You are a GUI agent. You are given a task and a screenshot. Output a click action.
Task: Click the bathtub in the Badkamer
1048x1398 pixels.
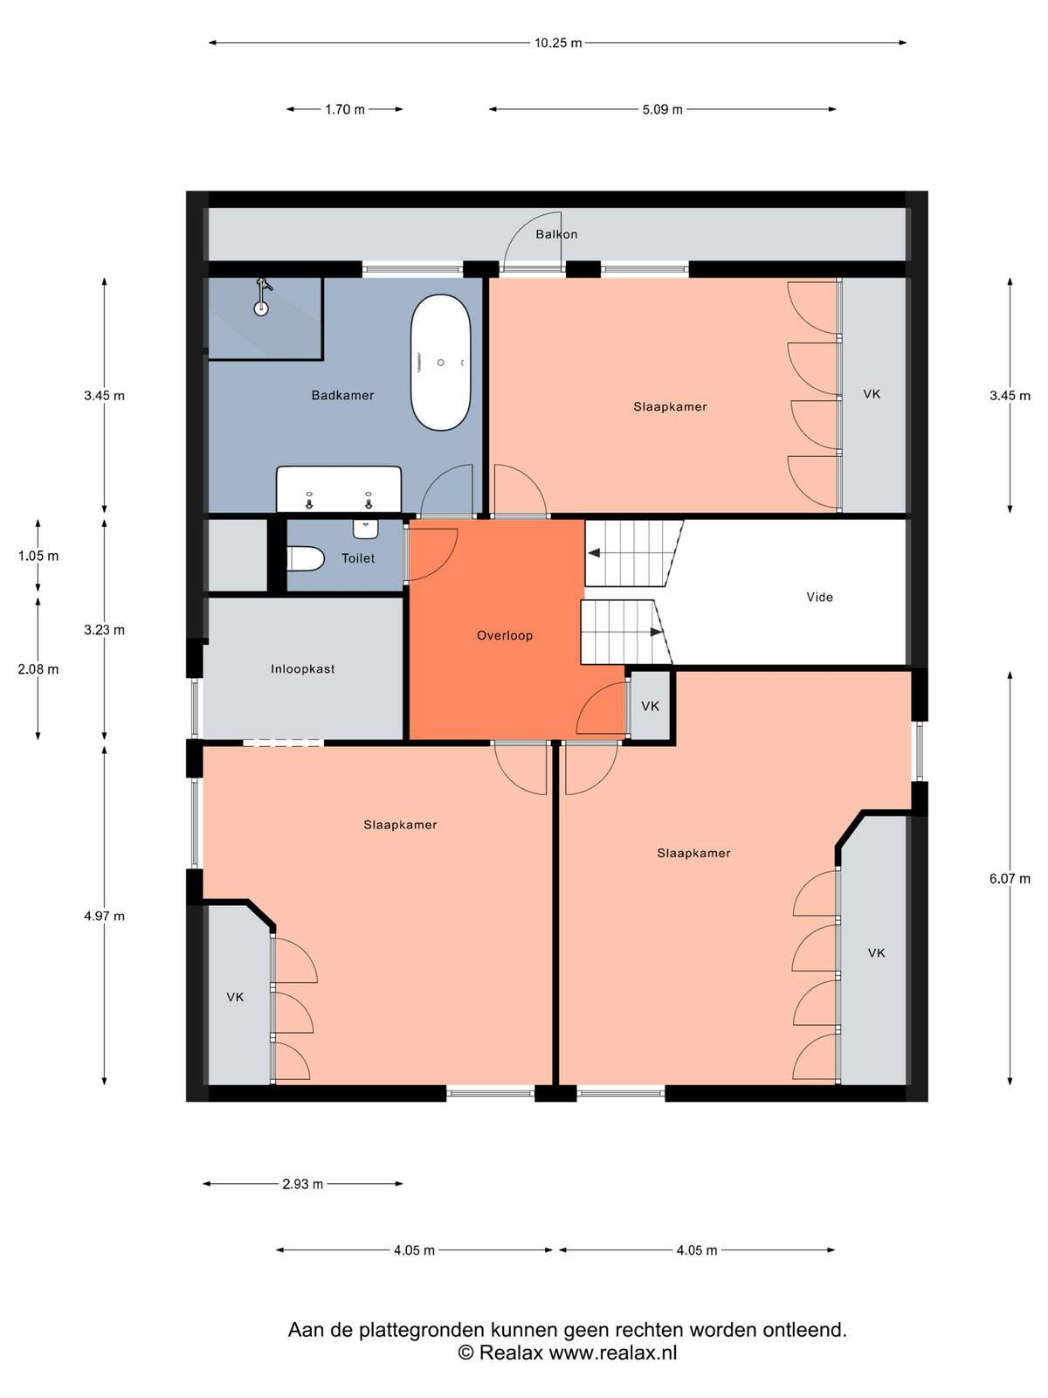(440, 363)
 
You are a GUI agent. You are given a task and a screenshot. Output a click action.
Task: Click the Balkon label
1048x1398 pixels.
(556, 234)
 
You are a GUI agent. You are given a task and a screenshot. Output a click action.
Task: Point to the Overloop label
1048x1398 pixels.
(505, 635)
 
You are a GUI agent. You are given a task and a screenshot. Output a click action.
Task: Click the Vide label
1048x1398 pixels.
(819, 597)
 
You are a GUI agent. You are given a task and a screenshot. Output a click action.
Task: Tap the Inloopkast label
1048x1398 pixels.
(302, 668)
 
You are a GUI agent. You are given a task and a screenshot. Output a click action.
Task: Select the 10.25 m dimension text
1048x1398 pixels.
(558, 43)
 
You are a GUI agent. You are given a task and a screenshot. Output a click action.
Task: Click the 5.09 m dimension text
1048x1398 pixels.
(662, 109)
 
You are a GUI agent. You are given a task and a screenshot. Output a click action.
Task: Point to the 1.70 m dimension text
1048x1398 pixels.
(345, 109)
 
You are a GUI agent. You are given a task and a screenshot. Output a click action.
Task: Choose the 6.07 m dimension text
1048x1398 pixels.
(1010, 878)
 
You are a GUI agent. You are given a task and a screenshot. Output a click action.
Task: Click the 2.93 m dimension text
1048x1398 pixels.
(303, 1184)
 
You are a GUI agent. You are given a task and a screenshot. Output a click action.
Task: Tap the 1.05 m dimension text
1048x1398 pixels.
(38, 556)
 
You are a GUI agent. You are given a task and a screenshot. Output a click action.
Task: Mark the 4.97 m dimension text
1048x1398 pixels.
(104, 916)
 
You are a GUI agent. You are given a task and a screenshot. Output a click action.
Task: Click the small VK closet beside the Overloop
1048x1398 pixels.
(651, 706)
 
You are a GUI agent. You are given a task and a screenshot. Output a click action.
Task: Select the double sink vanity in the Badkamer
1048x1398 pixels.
(339, 489)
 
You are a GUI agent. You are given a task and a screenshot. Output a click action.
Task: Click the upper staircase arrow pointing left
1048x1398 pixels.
(594, 553)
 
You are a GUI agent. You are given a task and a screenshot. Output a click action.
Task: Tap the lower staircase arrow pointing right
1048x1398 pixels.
(656, 633)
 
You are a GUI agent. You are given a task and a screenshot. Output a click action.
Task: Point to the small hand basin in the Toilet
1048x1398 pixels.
(366, 529)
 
